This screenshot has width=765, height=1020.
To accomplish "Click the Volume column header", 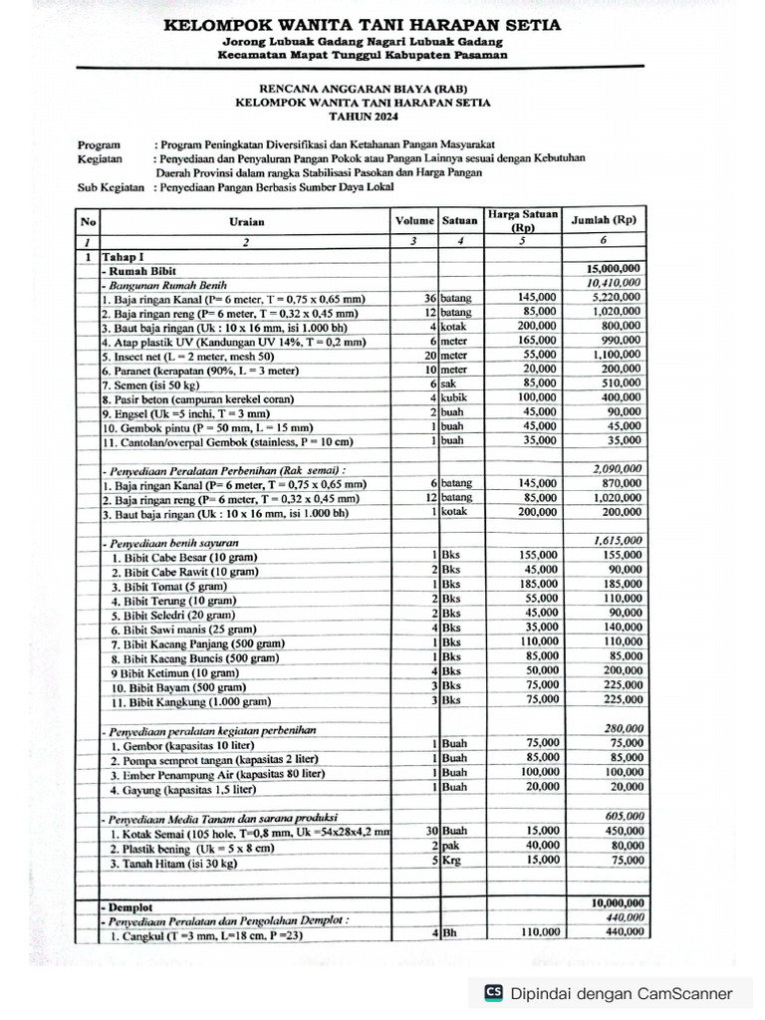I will point(414,220).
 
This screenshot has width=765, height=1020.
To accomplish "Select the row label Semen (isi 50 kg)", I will point(158,383).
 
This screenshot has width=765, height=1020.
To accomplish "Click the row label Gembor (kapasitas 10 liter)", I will point(182,745).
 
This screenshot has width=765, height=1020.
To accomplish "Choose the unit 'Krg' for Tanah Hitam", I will point(452,861).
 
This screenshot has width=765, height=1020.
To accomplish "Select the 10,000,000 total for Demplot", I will point(616,903).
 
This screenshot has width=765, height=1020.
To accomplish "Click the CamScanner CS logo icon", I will point(492,992).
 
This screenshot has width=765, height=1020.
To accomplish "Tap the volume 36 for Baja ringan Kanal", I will point(430,298).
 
